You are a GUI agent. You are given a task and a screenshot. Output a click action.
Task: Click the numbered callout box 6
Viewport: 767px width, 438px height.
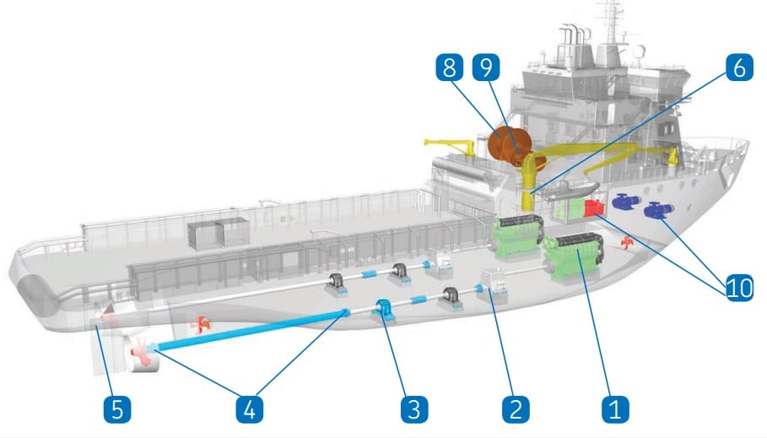pos(739,68)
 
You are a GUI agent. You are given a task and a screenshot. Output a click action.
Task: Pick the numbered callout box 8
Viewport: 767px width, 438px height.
pos(450,68)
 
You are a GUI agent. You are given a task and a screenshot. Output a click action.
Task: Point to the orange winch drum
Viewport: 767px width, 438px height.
pos(508,143)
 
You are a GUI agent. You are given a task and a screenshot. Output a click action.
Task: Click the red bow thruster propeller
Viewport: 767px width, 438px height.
pos(625,243)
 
